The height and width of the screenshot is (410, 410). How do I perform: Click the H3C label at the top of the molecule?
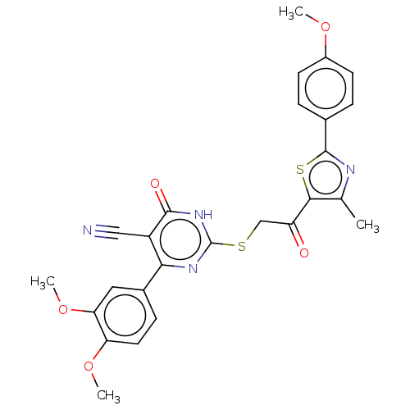pyautogui.click(x=291, y=12)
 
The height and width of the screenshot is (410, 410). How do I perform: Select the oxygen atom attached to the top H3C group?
pyautogui.click(x=326, y=27)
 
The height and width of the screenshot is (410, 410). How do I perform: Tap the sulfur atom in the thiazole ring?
pyautogui.click(x=300, y=170)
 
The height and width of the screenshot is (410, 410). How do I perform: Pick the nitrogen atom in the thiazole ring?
pyautogui.click(x=350, y=170)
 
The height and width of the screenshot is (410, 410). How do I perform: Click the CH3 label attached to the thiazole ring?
pyautogui.click(x=367, y=225)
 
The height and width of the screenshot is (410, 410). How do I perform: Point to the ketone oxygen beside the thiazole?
pyautogui.click(x=304, y=253)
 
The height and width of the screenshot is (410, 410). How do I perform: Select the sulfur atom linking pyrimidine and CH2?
pyautogui.click(x=242, y=247)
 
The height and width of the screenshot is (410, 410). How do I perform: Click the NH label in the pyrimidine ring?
pyautogui.click(x=203, y=215)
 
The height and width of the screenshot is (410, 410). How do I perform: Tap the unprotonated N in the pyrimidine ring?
pyautogui.click(x=193, y=269)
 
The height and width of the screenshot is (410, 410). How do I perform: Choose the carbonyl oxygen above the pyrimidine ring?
pyautogui.click(x=155, y=184)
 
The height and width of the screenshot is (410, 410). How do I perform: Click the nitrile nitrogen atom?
pyautogui.click(x=88, y=230)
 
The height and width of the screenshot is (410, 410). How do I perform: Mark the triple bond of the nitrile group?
pyautogui.click(x=107, y=232)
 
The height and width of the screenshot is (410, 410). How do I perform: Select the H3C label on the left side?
pyautogui.click(x=43, y=282)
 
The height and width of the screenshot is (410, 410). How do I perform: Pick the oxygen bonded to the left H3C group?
pyautogui.click(x=63, y=310)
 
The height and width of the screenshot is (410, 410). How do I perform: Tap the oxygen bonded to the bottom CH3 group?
pyautogui.click(x=89, y=366)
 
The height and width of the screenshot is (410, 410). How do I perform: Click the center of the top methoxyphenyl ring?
pyautogui.click(x=326, y=89)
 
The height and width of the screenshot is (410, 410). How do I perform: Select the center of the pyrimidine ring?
pyautogui.click(x=180, y=239)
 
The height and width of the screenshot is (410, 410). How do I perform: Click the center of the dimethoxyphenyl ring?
pyautogui.click(x=125, y=315)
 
